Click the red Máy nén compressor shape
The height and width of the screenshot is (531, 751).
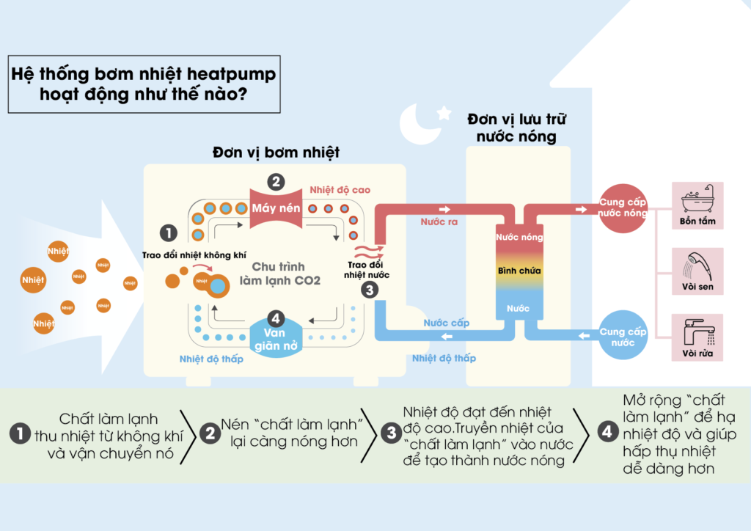click(x=276, y=208)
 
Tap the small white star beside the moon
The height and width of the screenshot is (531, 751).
click(x=444, y=112)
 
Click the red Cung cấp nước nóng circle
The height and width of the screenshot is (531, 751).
click(x=623, y=208)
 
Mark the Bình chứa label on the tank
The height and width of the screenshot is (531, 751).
click(x=519, y=271)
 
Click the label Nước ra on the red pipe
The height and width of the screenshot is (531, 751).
click(x=439, y=221)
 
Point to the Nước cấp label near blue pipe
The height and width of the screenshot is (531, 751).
click(x=447, y=323)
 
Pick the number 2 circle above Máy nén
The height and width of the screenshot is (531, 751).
click(x=276, y=181)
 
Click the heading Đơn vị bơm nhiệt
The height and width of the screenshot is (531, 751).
click(x=276, y=153)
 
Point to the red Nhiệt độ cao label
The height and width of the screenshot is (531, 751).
click(x=340, y=190)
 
